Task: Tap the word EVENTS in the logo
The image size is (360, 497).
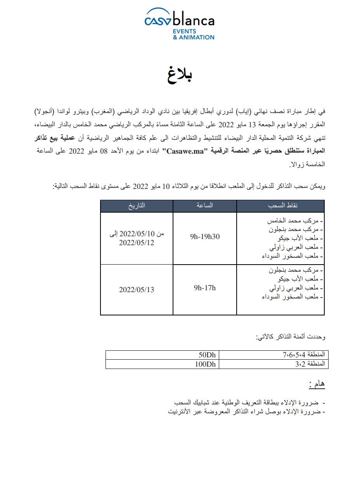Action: tap(185, 31)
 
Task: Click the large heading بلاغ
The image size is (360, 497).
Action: tap(180, 75)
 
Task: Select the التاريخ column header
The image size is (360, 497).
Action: tap(137, 206)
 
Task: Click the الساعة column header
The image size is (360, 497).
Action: tap(205, 206)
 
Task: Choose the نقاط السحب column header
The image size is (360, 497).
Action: tap(280, 206)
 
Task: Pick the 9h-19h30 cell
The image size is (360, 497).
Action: tap(204, 236)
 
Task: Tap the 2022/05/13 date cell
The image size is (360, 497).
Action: tap(137, 290)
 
